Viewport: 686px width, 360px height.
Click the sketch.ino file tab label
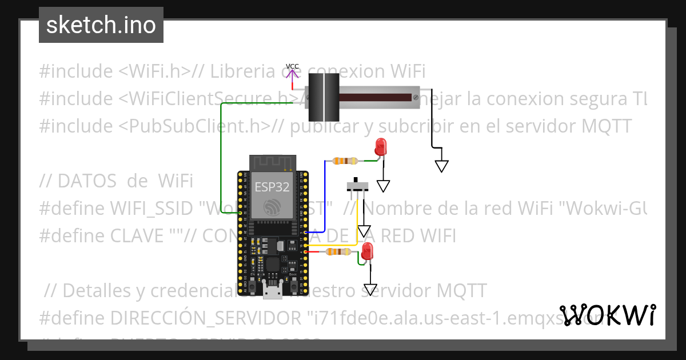point(101,25)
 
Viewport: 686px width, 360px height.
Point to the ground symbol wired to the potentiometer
point(441,165)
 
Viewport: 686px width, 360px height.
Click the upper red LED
point(380,147)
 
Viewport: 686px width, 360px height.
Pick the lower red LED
point(367,251)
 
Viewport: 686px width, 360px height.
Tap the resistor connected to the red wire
point(337,251)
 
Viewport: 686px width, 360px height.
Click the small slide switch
point(358,186)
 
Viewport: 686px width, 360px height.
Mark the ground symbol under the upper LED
point(383,186)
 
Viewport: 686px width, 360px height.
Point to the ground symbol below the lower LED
point(370,290)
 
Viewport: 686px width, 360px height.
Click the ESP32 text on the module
point(272,187)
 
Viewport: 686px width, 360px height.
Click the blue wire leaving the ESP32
point(325,197)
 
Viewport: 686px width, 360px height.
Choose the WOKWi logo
point(608,315)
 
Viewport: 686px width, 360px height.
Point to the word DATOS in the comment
point(87,181)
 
